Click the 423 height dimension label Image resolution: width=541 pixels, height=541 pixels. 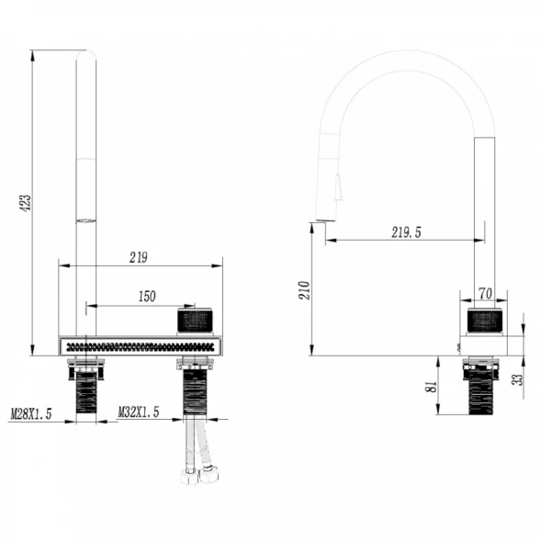(27, 203)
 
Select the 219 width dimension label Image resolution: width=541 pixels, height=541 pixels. (139, 257)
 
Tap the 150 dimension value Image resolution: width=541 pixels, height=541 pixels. (147, 297)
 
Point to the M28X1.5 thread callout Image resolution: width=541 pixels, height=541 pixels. (31, 413)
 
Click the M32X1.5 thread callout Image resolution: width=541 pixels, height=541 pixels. (139, 412)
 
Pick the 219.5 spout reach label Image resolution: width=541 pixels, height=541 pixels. (406, 232)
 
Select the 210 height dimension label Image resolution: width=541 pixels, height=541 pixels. (305, 290)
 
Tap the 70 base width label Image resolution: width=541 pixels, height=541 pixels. (485, 294)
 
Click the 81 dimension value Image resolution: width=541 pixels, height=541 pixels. (432, 387)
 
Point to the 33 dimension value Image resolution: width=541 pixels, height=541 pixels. (518, 379)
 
